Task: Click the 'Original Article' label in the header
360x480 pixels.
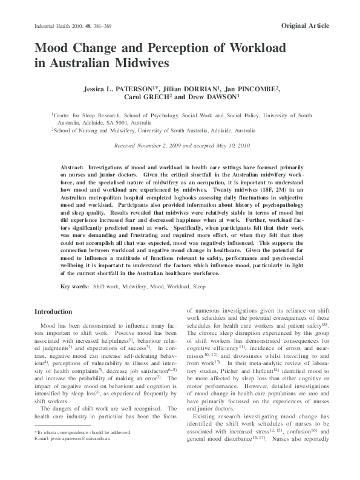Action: coord(306,25)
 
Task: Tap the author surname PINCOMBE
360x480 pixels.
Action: coord(255,88)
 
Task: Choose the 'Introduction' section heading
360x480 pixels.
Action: coord(53,311)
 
